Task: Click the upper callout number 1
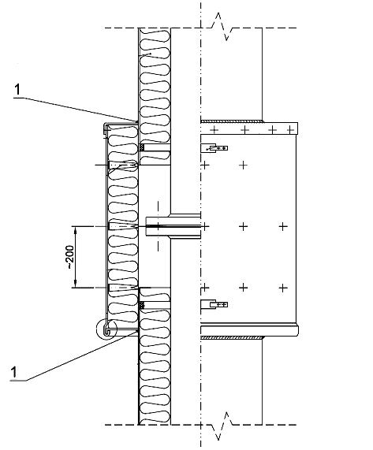(x=18, y=90)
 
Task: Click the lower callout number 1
(x=13, y=372)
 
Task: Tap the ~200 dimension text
(x=70, y=257)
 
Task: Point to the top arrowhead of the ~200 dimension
(x=75, y=230)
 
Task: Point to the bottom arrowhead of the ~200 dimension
(x=75, y=284)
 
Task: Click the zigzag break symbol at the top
(x=221, y=27)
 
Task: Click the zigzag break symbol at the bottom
(x=222, y=426)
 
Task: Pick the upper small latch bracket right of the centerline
(x=214, y=148)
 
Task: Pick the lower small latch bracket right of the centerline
(x=214, y=304)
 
